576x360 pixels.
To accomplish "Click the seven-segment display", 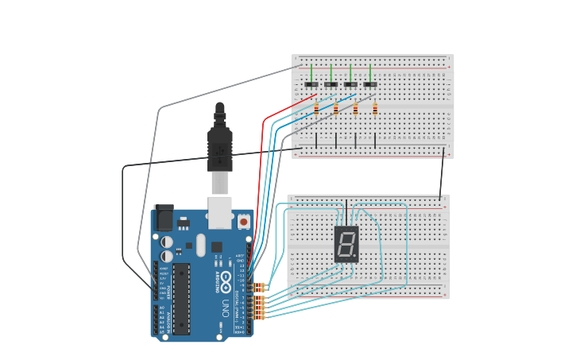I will point(346,243).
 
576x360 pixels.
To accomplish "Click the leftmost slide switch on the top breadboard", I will point(311,84).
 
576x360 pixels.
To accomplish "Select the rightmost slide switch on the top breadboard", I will point(370,84).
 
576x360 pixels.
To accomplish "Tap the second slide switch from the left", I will point(331,84).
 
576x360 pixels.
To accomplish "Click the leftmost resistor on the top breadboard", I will point(316,109).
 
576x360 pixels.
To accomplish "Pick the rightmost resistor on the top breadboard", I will point(375,109).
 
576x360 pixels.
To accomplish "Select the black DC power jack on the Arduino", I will point(164,218).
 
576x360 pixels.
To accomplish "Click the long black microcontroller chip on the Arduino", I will point(182,298).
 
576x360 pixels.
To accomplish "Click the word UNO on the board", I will point(226,307).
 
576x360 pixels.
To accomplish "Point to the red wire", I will point(262,159).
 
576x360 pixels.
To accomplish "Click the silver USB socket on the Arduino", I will point(220,212).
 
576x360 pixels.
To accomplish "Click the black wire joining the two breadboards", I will point(443,173).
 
